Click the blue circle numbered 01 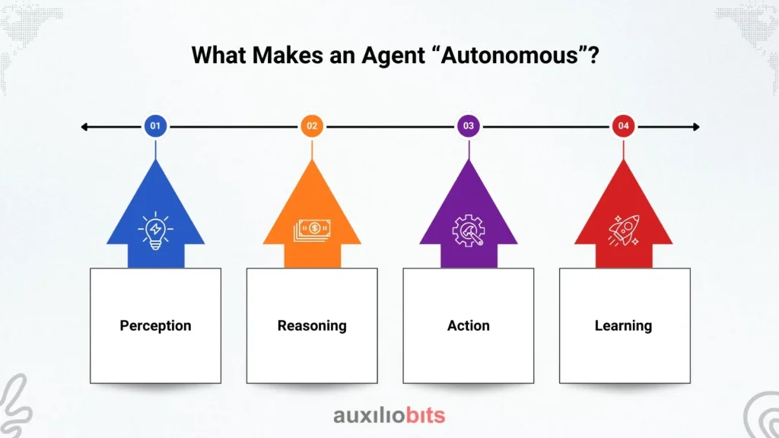click(x=155, y=126)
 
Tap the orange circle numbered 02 click(x=312, y=126)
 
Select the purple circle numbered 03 click(x=469, y=126)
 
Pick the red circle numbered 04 click(x=624, y=126)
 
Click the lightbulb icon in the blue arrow click(x=155, y=230)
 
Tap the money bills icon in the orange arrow click(x=312, y=230)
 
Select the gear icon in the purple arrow click(x=468, y=230)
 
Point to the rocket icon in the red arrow click(x=624, y=230)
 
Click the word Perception click(x=155, y=325)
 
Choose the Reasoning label click(x=312, y=325)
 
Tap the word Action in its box click(x=469, y=325)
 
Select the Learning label click(x=624, y=325)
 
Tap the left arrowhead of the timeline click(x=84, y=127)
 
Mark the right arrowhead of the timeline click(x=696, y=127)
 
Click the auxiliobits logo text click(x=389, y=415)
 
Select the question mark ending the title click(x=593, y=55)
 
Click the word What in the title click(x=218, y=55)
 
